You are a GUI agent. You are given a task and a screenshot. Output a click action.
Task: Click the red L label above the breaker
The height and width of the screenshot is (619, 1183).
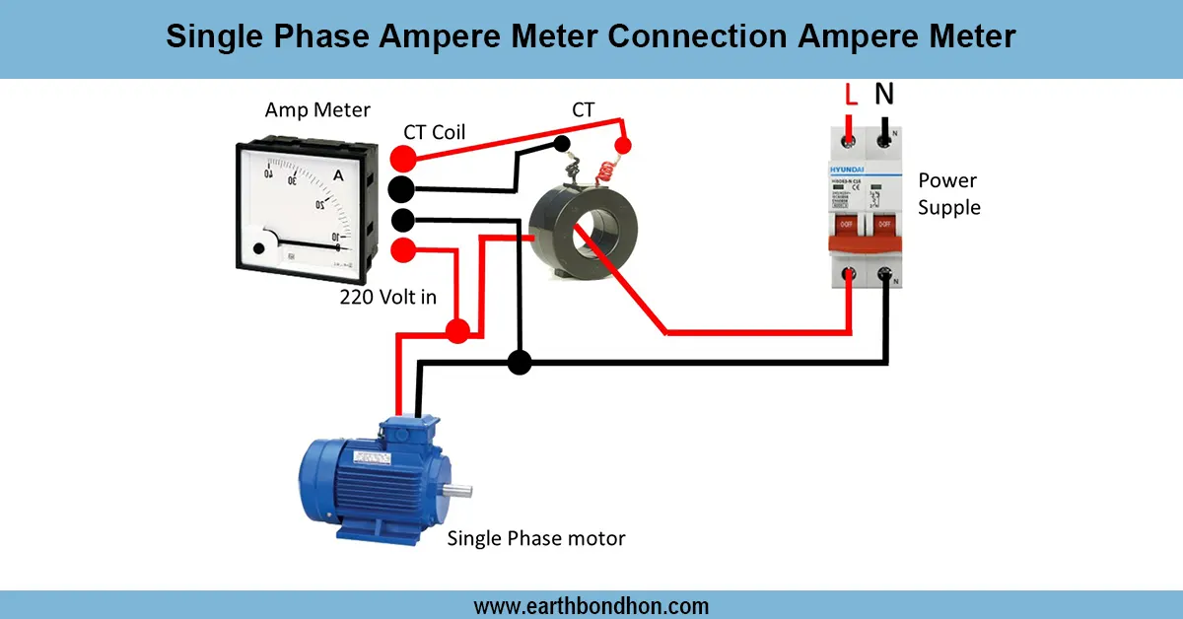tap(853, 96)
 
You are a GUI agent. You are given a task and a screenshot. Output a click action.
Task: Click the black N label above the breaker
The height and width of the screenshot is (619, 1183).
tap(884, 94)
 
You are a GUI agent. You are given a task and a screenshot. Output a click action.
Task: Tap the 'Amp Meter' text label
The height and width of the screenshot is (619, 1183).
tap(317, 110)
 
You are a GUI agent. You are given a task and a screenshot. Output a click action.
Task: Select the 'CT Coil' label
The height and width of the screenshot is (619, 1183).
tap(435, 132)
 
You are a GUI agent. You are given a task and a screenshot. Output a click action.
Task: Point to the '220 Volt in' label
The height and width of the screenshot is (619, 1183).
tap(387, 296)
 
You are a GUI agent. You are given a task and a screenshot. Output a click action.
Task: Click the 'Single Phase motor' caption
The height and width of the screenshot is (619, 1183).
tap(536, 538)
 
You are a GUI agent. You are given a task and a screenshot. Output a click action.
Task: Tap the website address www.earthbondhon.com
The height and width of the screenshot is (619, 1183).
tap(591, 605)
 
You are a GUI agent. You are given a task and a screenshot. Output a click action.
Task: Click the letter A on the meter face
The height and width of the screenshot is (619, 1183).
tap(339, 175)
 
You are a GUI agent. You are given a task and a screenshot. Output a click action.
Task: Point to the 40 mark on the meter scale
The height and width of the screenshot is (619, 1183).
tap(268, 173)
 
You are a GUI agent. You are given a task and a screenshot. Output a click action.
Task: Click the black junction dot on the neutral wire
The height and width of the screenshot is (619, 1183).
tap(520, 362)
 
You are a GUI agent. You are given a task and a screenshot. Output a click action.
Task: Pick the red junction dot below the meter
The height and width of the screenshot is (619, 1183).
tap(456, 330)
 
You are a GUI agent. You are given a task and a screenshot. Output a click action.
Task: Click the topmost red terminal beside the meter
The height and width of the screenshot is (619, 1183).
tap(402, 159)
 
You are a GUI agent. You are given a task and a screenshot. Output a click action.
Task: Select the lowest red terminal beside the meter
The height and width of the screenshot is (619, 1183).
tap(402, 249)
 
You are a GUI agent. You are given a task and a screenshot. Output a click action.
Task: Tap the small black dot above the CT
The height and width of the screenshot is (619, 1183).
tap(562, 144)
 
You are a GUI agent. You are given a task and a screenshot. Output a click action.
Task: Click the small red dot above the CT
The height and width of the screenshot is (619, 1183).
tap(623, 147)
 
